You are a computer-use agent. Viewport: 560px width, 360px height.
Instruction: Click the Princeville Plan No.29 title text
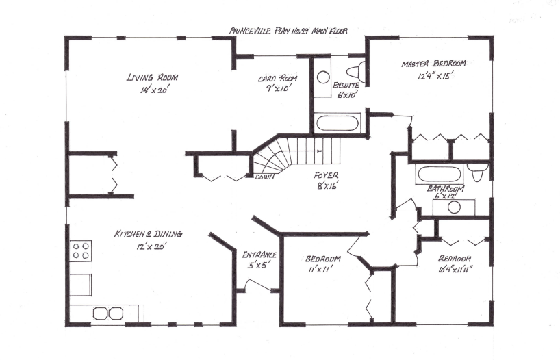tap(289, 31)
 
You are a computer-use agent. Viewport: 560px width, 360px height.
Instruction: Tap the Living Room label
tap(142, 77)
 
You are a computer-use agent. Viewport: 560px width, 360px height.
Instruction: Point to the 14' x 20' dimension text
tap(142, 90)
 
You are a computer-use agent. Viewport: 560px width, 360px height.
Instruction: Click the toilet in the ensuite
tap(355, 71)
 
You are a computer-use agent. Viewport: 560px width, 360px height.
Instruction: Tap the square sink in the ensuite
tap(323, 76)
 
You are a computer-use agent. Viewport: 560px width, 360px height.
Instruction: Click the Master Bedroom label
tap(434, 63)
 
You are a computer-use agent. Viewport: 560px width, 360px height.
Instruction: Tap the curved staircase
tap(288, 154)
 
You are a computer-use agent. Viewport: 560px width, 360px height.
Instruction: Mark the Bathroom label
tap(446, 189)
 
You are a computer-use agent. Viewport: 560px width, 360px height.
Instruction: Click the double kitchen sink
tap(109, 313)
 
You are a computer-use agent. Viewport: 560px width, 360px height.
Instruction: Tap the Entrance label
tap(259, 255)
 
